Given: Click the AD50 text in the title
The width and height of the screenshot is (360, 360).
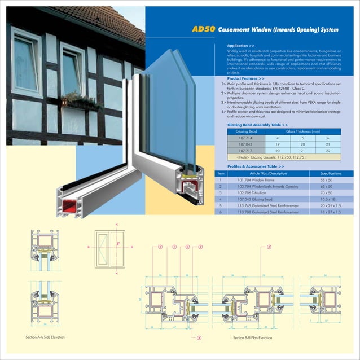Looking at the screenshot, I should pyautogui.click(x=203, y=29).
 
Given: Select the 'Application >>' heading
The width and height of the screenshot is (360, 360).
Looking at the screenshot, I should pyautogui.click(x=240, y=45).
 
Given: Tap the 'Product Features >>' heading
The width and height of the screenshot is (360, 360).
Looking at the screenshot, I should pyautogui.click(x=245, y=78).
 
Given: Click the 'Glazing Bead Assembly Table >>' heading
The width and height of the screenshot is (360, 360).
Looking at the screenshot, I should pyautogui.click(x=257, y=124).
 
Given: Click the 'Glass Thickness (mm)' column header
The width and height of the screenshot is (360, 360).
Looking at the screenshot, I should pyautogui.click(x=302, y=131).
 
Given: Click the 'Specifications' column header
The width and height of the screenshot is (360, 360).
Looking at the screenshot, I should pyautogui.click(x=331, y=173).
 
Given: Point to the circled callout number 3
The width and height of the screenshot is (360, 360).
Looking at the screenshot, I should pyautogui.click(x=269, y=247).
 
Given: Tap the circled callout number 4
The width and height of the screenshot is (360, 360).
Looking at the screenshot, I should pyautogui.click(x=199, y=337).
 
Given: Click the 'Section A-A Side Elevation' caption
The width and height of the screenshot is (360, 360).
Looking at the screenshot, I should pyautogui.click(x=45, y=337).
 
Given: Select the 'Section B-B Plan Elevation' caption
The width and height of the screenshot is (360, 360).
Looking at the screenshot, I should pyautogui.click(x=252, y=337).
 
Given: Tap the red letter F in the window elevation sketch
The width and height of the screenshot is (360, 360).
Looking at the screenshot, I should pyautogui.click(x=118, y=243).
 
